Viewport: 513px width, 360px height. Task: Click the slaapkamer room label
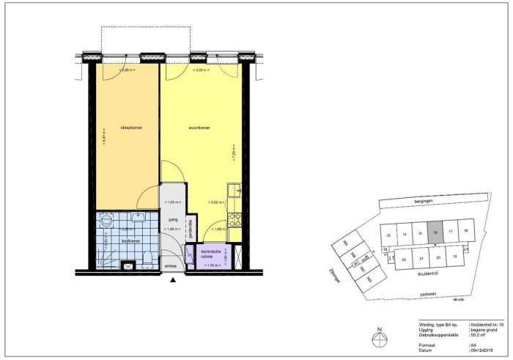point(131,128)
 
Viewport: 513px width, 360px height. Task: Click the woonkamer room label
point(200,128)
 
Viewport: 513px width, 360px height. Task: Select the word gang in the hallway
point(174,218)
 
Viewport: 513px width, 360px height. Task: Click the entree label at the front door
point(171,266)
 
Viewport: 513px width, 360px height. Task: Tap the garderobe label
point(191,229)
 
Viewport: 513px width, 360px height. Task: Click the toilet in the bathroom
point(149,257)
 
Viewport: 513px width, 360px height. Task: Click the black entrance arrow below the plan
point(173,279)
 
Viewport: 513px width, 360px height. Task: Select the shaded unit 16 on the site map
point(435,232)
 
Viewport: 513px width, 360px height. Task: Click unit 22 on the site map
point(404,259)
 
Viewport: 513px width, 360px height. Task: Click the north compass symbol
point(378,338)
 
